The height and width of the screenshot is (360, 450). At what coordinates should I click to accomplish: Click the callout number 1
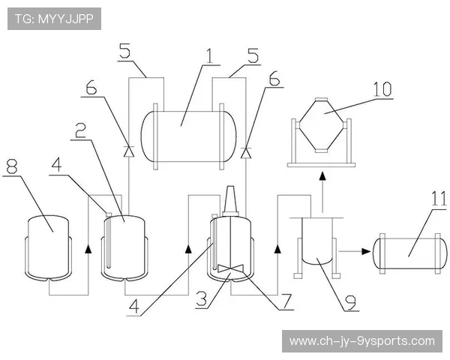(x=208, y=55)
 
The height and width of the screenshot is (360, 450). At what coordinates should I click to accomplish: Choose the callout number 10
(x=382, y=88)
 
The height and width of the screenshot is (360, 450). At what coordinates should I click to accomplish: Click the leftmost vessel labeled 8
(x=49, y=246)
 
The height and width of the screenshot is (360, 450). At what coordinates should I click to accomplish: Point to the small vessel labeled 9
(x=317, y=241)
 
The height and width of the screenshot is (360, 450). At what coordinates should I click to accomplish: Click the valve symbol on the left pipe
(x=127, y=151)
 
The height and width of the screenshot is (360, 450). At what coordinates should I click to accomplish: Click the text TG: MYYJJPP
(x=54, y=19)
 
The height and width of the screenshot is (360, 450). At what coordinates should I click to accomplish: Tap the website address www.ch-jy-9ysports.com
(x=361, y=341)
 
